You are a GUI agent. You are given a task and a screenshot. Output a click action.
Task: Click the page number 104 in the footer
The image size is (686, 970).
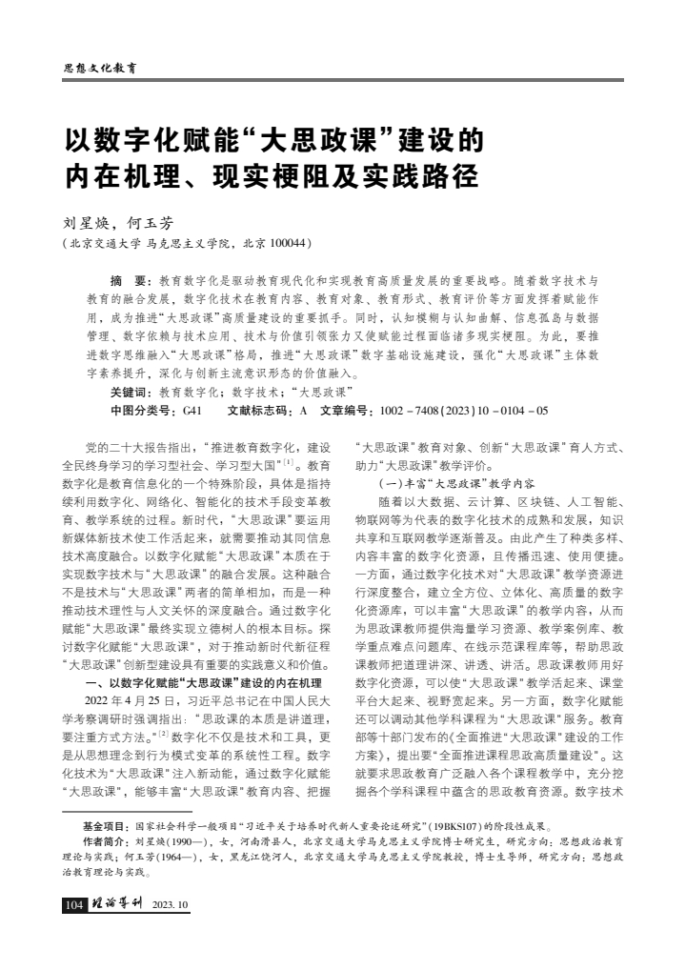pyautogui.click(x=74, y=904)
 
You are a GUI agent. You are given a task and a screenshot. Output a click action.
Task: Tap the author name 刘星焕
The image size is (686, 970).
pyautogui.click(x=84, y=223)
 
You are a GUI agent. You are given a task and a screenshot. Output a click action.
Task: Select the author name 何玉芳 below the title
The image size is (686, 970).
pyautogui.click(x=152, y=223)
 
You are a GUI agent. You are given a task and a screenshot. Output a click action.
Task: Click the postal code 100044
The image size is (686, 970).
pyautogui.click(x=283, y=244)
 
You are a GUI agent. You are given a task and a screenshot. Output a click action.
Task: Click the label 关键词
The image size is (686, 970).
pyautogui.click(x=130, y=392)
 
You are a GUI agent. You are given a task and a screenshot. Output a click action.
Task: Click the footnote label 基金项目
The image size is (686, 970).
pyautogui.click(x=105, y=827)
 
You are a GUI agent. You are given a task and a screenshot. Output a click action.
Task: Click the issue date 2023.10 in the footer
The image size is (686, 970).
pyautogui.click(x=171, y=904)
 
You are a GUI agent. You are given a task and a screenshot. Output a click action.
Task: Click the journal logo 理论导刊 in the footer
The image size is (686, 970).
pyautogui.click(x=117, y=904)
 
